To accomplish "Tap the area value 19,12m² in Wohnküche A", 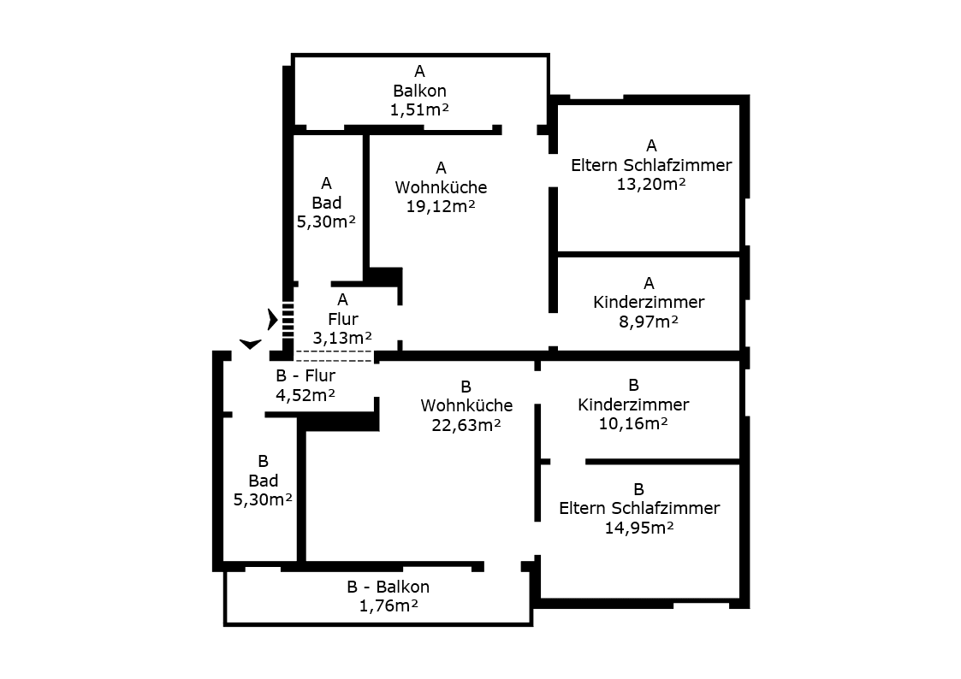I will point(441,206).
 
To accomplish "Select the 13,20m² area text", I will point(651,184).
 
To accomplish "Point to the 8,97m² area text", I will point(649,322).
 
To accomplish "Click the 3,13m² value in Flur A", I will point(342,338).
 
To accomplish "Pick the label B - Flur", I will point(306,375).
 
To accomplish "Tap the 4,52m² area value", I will point(306,394).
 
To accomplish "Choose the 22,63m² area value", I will point(466,425).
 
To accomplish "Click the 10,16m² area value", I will point(633,423).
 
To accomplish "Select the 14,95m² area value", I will point(639,528).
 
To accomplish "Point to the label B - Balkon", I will point(389,587).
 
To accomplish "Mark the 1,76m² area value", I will point(389,606).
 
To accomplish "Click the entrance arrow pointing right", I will point(272,319).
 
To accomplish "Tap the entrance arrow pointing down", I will point(250,344).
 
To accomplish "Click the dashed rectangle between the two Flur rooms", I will point(334,356).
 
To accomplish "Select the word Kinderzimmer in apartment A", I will point(649,302).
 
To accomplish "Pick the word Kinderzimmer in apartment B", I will point(633,404).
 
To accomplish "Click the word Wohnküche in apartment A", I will point(441,187).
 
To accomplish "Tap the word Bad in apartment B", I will point(263,481).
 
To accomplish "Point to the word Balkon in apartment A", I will point(419,90).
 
